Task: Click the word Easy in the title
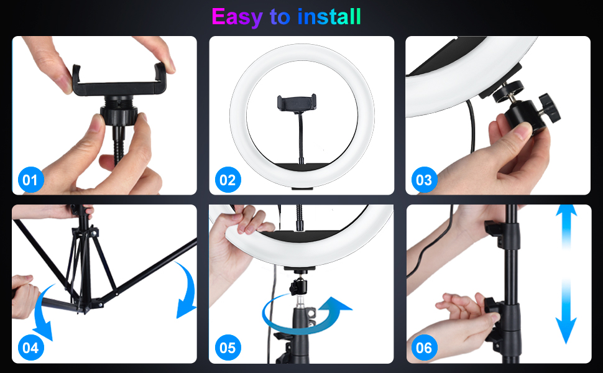tap(237, 17)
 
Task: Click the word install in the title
tap(329, 17)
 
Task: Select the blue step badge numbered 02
tap(228, 180)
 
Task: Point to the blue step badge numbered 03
tap(424, 180)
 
